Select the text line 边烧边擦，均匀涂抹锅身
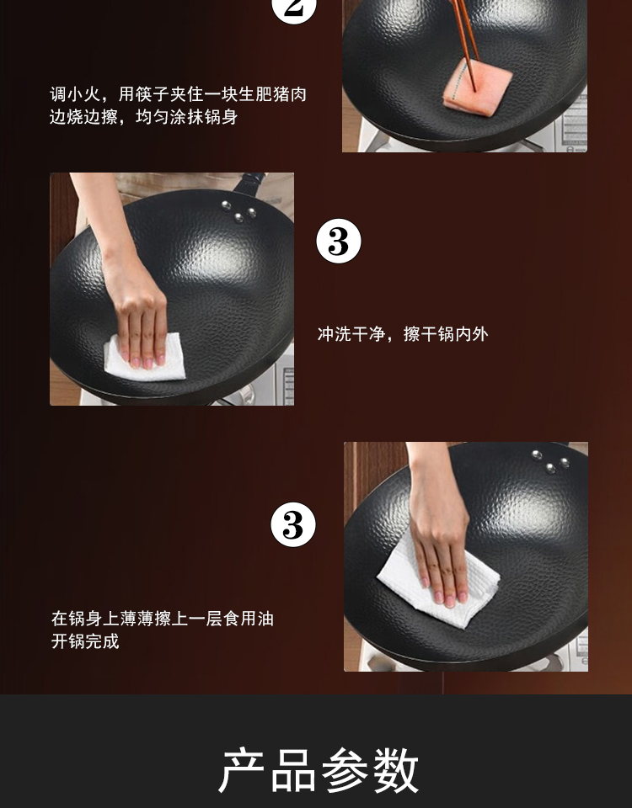click(143, 117)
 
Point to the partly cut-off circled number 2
click(293, 9)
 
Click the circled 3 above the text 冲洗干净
click(339, 242)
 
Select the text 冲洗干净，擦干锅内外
click(403, 334)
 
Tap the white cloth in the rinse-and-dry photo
click(145, 357)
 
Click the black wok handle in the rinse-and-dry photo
click(250, 183)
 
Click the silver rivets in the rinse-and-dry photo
click(238, 211)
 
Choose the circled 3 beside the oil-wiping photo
click(293, 525)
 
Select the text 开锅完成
click(85, 641)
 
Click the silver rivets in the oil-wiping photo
click(550, 462)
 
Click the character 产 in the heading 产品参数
click(242, 770)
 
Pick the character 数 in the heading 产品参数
click(396, 770)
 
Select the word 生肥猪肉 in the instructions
click(272, 94)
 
